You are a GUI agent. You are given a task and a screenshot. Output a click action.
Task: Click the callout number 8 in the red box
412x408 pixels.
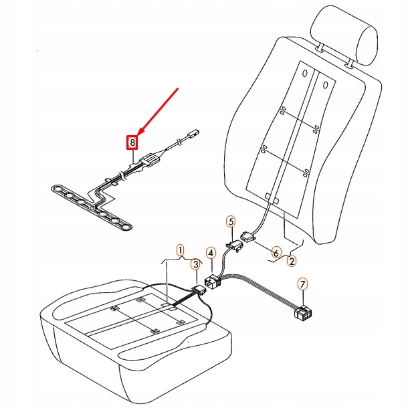[132, 142]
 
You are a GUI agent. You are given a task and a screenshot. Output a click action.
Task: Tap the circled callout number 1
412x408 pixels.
[180, 250]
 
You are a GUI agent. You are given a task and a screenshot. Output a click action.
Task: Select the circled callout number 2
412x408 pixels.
[292, 261]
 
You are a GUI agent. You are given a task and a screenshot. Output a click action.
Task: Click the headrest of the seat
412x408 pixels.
[344, 35]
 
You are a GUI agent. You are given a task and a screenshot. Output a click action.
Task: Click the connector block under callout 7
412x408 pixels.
[303, 313]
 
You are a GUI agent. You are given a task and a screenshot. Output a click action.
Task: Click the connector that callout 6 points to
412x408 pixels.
[247, 237]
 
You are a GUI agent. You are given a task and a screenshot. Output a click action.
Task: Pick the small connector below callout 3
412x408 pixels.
[200, 291]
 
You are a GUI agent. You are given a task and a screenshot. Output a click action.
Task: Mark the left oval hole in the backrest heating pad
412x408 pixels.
[305, 73]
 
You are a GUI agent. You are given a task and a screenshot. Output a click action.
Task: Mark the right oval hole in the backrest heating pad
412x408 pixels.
[326, 85]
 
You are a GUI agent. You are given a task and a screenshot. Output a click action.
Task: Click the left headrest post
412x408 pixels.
[320, 47]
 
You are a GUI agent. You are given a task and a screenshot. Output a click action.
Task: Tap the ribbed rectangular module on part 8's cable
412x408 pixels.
[150, 160]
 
